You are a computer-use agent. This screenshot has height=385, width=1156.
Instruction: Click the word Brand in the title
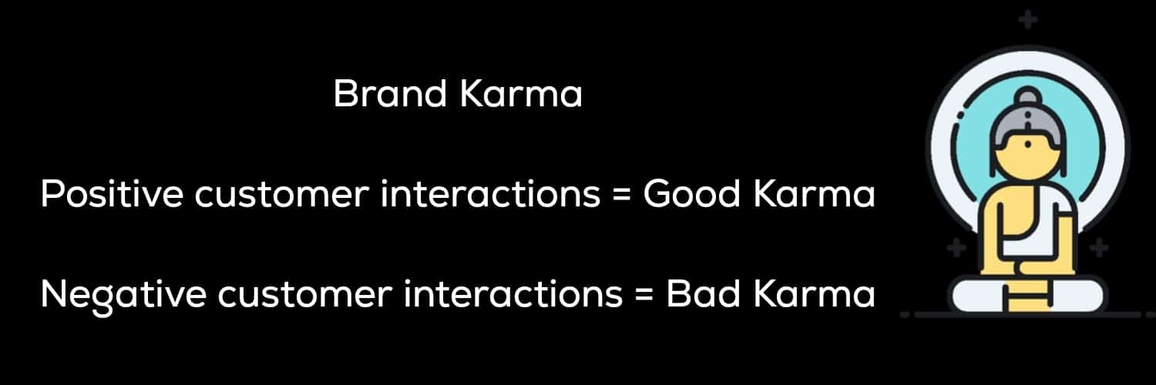click(390, 93)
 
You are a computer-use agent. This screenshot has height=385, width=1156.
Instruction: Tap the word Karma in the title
click(521, 94)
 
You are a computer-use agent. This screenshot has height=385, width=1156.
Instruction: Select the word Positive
click(112, 194)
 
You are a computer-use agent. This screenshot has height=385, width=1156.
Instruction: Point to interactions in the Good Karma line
click(490, 194)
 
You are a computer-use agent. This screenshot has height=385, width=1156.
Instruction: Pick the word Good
click(691, 194)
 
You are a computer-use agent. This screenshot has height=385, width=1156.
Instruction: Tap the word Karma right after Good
click(814, 194)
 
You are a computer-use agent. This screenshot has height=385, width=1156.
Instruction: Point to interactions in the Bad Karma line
click(513, 294)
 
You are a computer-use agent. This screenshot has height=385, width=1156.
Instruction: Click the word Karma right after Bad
click(814, 294)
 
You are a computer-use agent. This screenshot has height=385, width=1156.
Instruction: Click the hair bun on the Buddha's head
click(1027, 96)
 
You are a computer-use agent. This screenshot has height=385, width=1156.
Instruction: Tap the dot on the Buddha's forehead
click(1028, 146)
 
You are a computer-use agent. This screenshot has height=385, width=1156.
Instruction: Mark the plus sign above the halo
click(1027, 20)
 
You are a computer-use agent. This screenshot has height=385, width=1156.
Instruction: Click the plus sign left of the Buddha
click(956, 247)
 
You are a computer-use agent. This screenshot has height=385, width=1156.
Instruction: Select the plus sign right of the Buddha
click(1099, 247)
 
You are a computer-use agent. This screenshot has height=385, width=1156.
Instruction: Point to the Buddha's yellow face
click(1027, 157)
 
